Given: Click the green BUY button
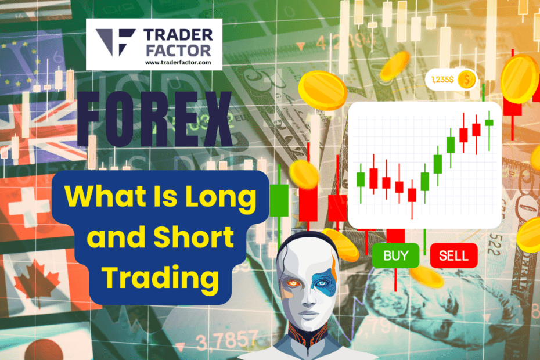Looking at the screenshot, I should pyautogui.click(x=397, y=255).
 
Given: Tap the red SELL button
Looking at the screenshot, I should pyautogui.click(x=453, y=255).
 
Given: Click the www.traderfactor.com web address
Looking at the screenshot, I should pyautogui.click(x=178, y=62).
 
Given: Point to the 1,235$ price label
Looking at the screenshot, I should pyautogui.click(x=442, y=80).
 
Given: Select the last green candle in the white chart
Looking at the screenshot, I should pyautogui.click(x=489, y=122).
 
